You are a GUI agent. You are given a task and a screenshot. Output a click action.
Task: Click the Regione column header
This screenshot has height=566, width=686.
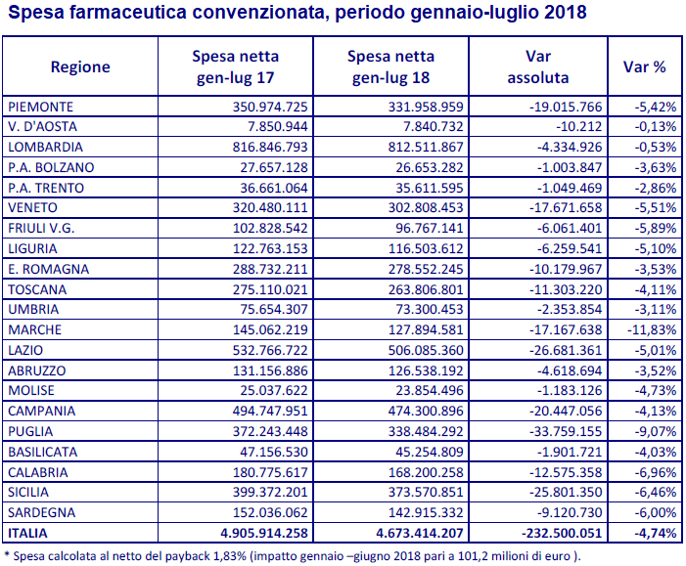tap(80, 66)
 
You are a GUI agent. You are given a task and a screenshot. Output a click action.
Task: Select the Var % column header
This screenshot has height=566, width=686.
tap(645, 66)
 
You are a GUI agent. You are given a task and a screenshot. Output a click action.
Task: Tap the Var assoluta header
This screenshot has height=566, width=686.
tap(538, 66)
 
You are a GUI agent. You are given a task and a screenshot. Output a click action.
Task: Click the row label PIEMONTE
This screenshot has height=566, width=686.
tap(41, 107)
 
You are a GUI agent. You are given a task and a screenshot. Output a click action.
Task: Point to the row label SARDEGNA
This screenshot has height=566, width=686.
tap(41, 512)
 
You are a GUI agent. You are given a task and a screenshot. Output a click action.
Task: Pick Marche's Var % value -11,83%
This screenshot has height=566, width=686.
tap(652, 329)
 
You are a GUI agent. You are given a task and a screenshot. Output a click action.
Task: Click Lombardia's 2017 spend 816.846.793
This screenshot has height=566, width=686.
tap(270, 147)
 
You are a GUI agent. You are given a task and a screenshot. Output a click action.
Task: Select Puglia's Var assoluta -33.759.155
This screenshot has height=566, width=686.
tap(566, 431)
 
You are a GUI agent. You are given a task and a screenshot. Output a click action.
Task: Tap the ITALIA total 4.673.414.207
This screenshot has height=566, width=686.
tap(420, 533)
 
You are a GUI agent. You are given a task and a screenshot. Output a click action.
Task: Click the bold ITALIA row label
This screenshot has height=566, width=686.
tap(27, 533)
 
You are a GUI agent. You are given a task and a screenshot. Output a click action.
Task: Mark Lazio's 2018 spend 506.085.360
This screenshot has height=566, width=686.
tap(426, 350)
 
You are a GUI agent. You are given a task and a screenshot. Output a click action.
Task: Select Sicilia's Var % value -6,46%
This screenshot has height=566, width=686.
tap(656, 492)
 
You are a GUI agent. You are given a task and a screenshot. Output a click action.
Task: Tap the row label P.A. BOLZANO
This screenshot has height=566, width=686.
tap(51, 167)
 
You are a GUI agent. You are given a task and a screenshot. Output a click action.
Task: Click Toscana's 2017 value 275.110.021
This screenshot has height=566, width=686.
tap(270, 289)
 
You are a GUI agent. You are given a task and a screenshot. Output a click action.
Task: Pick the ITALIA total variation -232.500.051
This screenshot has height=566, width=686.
tap(562, 533)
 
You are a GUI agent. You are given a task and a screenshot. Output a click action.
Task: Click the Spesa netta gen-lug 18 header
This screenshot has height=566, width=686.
tap(390, 66)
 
